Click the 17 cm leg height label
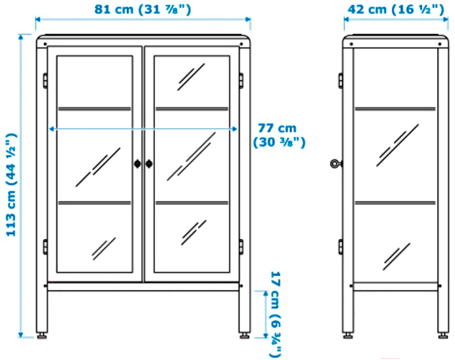275,311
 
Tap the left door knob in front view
138,163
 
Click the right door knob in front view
149,163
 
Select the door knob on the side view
335,163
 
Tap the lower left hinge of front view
44,246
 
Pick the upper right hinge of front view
242,80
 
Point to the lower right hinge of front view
242,246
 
